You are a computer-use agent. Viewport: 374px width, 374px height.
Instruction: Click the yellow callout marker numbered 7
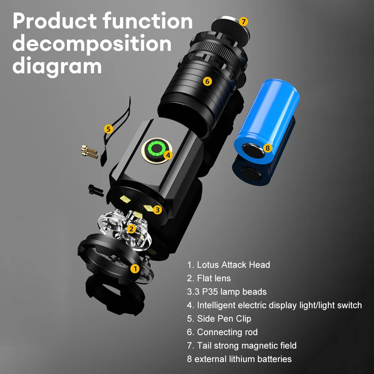(x=243, y=22)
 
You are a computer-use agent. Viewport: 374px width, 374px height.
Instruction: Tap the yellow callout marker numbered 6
(x=207, y=81)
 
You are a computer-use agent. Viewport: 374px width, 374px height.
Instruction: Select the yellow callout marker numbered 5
(x=108, y=129)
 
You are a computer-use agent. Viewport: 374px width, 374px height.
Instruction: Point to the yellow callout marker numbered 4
(x=168, y=155)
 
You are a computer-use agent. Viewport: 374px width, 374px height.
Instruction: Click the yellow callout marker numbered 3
(x=157, y=210)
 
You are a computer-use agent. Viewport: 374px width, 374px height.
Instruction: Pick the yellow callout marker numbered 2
(x=131, y=229)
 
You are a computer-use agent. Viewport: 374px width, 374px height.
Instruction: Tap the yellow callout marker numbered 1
(x=135, y=269)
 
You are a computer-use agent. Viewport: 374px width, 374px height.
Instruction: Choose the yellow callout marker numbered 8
(x=267, y=148)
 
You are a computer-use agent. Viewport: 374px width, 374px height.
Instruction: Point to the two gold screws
(x=89, y=152)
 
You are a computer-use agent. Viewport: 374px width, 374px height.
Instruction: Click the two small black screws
(x=96, y=190)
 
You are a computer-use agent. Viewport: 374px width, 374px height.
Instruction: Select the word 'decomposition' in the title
(x=92, y=44)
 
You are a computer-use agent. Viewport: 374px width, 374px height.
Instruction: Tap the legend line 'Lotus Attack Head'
(x=229, y=265)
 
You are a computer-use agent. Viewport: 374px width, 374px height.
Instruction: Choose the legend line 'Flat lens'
(x=209, y=278)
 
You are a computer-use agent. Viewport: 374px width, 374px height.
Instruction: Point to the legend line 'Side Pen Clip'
(x=219, y=319)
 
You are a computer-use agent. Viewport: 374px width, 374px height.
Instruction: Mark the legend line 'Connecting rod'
(x=222, y=332)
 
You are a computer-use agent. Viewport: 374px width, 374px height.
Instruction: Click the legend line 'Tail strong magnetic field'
(x=242, y=346)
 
